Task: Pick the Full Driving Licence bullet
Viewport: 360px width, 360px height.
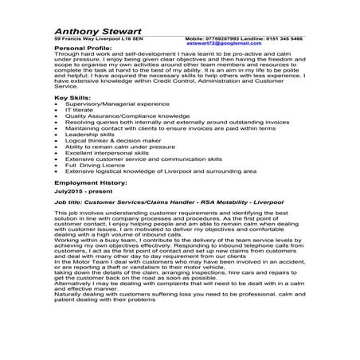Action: (x=92, y=165)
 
